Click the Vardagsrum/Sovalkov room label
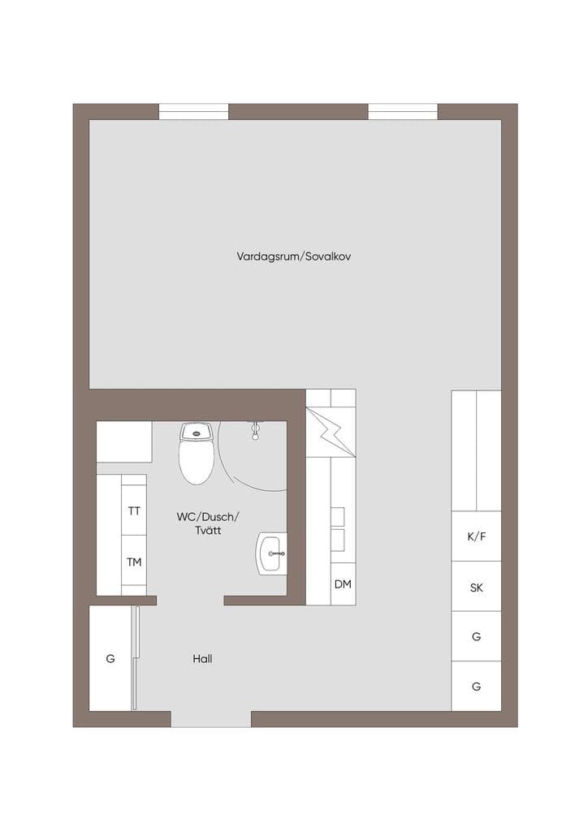tap(294, 256)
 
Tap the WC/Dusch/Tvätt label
tap(208, 523)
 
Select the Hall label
tap(202, 659)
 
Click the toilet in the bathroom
tap(197, 453)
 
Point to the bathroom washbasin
tap(272, 553)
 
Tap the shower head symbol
tap(256, 430)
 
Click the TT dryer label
tap(134, 511)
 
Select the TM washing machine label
tap(134, 562)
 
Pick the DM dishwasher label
tap(343, 584)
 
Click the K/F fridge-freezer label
tap(476, 536)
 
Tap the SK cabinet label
tap(476, 588)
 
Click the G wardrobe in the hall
tap(110, 658)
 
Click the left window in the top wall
tap(193, 111)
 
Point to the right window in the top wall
tap(403, 111)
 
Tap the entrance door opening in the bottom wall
tap(211, 719)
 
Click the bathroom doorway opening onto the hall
tap(190, 601)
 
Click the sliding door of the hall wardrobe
tap(135, 658)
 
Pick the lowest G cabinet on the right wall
tap(476, 686)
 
